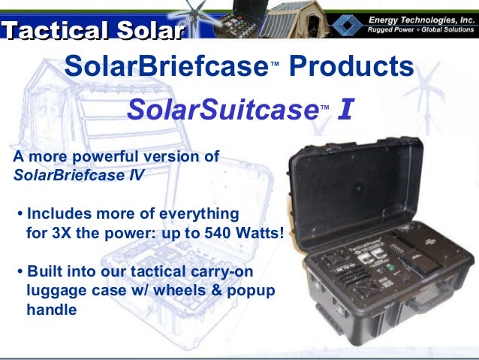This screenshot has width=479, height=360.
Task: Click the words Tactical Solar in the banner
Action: click(92, 31)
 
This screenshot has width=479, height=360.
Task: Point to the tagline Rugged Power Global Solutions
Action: click(420, 29)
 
